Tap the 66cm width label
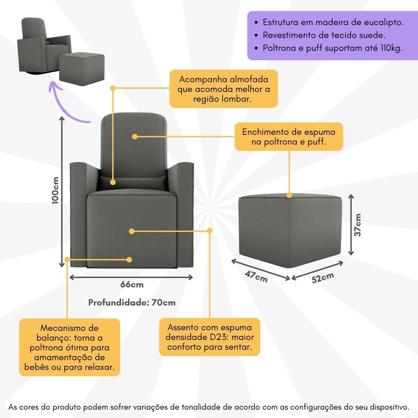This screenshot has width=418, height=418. (x=132, y=285)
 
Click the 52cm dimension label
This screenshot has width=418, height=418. (x=323, y=278)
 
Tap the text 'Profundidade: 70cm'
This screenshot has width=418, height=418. (x=131, y=302)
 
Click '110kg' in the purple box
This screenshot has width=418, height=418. (x=387, y=49)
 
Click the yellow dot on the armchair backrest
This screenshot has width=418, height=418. (x=134, y=137)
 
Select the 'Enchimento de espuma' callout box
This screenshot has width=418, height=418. (x=288, y=137)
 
